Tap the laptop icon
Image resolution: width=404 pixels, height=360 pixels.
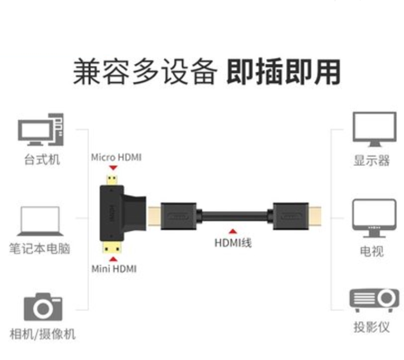pyautogui.click(x=40, y=221)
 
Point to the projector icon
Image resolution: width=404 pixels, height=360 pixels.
pyautogui.click(x=374, y=299)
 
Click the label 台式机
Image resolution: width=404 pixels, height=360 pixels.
pyautogui.click(x=42, y=160)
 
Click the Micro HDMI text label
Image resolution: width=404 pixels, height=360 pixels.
pyautogui.click(x=116, y=157)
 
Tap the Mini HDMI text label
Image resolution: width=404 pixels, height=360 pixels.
pyautogui.click(x=114, y=268)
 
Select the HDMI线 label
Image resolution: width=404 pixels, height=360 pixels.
pyautogui.click(x=233, y=243)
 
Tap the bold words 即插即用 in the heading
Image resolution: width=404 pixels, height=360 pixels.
pyautogui.click(x=283, y=72)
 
